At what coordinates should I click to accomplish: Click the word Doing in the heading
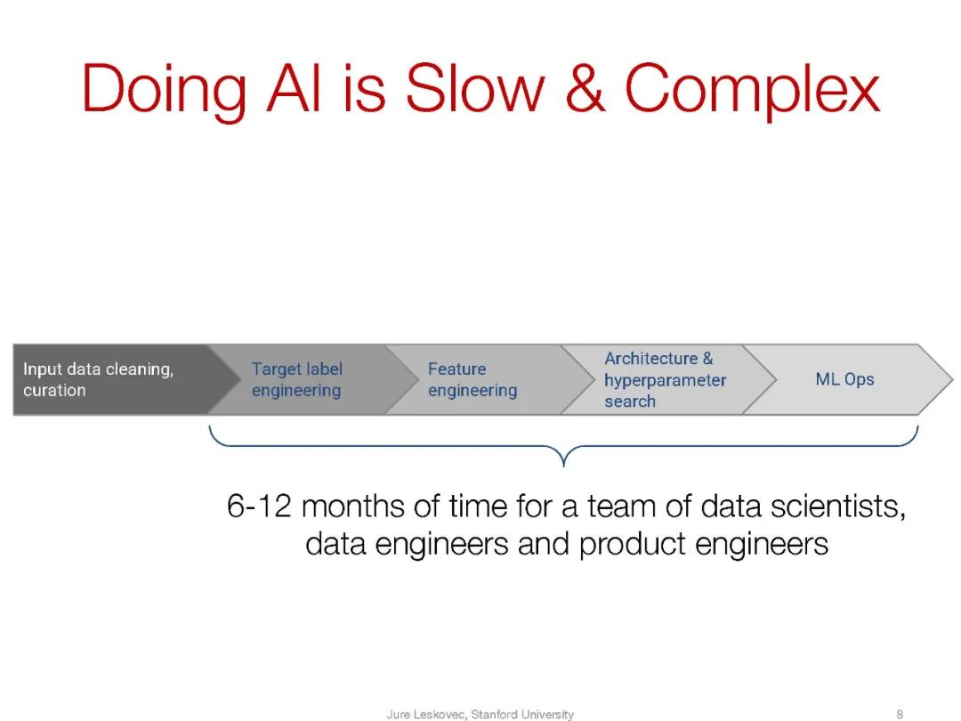[164, 92]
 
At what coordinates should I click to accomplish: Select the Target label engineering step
[296, 379]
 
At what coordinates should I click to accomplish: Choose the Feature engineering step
[472, 379]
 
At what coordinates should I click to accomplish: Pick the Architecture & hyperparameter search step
[665, 379]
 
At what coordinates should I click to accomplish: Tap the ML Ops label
[844, 379]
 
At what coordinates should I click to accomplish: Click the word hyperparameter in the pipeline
[665, 381]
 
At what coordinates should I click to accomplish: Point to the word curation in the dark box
[54, 390]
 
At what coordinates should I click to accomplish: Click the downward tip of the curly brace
[564, 466]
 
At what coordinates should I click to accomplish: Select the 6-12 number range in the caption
[259, 506]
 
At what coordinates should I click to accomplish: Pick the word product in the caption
[632, 544]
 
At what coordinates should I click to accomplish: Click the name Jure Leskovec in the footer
[426, 714]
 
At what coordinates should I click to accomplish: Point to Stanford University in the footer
[522, 714]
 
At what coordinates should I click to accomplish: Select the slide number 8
[900, 714]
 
